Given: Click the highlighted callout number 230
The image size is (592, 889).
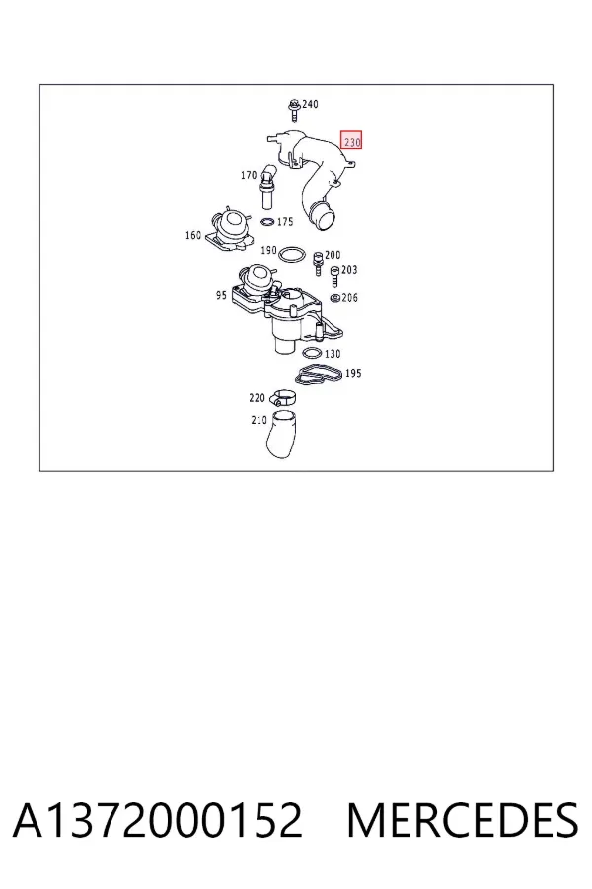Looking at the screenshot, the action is (351, 140).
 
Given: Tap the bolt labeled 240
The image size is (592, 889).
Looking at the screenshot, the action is (294, 110).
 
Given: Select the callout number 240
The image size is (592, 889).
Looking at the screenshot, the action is (310, 104).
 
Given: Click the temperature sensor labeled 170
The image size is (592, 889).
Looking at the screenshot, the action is (266, 187).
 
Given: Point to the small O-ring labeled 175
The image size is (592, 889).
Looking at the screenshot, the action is (268, 221).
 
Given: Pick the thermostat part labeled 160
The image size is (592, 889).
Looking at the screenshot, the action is (228, 231).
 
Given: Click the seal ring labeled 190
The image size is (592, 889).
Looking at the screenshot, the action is (292, 254).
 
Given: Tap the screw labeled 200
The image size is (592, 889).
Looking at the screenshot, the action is (318, 261).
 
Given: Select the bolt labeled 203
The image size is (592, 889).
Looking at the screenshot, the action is (334, 276).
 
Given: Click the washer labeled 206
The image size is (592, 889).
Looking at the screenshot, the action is (334, 298).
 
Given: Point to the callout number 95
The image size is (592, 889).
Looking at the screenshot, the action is (221, 295).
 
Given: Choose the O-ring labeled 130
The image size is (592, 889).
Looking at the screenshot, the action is (312, 354).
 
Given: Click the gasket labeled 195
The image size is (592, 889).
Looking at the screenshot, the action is (320, 375).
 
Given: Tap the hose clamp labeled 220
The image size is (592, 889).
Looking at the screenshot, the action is (282, 398).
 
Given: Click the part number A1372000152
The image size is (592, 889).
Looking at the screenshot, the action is (158, 820).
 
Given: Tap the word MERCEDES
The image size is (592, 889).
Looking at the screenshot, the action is (463, 820).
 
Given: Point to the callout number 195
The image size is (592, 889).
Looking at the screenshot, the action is (353, 373).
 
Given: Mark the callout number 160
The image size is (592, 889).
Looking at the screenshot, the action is (193, 235).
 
